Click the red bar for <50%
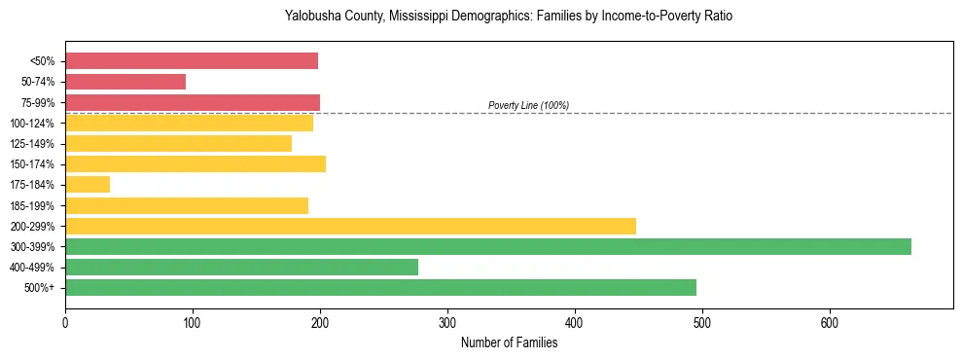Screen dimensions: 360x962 point(192,61)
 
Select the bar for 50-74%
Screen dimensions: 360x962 point(125,82)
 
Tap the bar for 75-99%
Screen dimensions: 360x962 point(193,102)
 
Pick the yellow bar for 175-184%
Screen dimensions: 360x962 point(88,184)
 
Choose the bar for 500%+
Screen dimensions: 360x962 point(380,287)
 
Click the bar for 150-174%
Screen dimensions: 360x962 point(196,163)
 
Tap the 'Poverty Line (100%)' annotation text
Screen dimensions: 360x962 point(528,105)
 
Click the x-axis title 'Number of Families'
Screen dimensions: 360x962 point(509,342)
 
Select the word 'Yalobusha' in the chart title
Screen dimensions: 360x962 point(311,17)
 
